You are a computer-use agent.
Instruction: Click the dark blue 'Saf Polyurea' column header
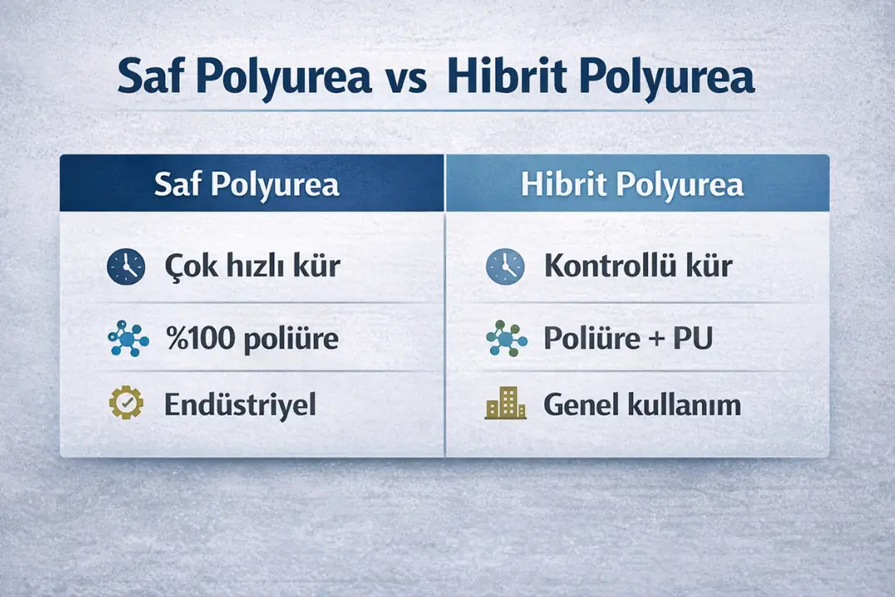(252, 183)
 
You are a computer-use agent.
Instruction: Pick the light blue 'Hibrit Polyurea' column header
(636, 183)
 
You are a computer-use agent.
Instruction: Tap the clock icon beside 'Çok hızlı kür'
(127, 266)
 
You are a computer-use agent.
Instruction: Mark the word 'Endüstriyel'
(240, 405)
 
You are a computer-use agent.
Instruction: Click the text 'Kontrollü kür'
(638, 266)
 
